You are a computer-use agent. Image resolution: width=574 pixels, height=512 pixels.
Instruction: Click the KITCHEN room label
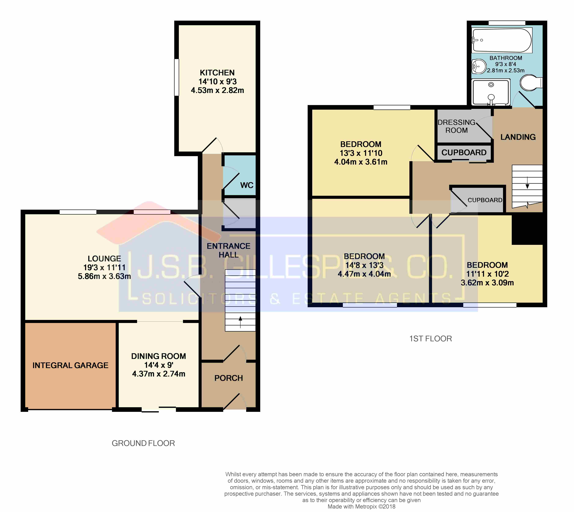(x=217, y=73)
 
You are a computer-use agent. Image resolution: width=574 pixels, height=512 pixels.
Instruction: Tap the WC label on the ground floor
(x=247, y=185)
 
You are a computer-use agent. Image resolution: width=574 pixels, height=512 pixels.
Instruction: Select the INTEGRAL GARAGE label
(x=70, y=365)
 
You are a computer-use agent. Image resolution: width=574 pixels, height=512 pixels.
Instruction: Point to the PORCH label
(x=228, y=378)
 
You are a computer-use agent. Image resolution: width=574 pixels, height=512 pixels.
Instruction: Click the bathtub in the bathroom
(x=502, y=40)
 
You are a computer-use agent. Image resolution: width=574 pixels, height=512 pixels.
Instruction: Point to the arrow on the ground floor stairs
(x=240, y=322)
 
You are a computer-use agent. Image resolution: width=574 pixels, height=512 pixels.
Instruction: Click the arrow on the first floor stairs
(x=527, y=182)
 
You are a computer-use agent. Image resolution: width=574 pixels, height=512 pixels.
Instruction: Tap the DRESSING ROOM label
(x=456, y=126)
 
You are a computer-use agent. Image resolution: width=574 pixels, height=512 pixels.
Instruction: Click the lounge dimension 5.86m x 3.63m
(x=104, y=276)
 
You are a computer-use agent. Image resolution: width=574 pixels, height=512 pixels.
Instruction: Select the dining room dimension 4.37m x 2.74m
(x=159, y=374)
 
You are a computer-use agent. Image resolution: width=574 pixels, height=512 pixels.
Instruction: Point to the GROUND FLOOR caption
(x=143, y=443)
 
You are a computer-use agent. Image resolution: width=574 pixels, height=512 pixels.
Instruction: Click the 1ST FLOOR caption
(x=430, y=339)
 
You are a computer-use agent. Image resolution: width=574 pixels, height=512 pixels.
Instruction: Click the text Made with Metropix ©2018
(x=362, y=506)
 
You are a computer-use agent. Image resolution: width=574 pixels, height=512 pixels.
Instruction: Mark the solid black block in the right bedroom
(x=528, y=228)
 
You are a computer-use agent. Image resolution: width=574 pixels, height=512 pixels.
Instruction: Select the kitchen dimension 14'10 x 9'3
(x=218, y=82)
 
